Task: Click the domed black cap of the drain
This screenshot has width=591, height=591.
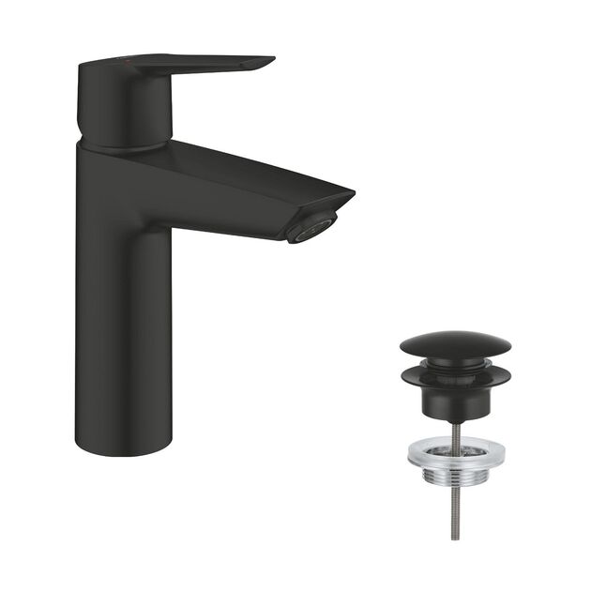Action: [x=455, y=344]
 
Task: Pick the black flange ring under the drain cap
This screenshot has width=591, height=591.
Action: [x=455, y=377]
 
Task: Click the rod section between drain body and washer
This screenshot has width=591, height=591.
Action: [x=455, y=430]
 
